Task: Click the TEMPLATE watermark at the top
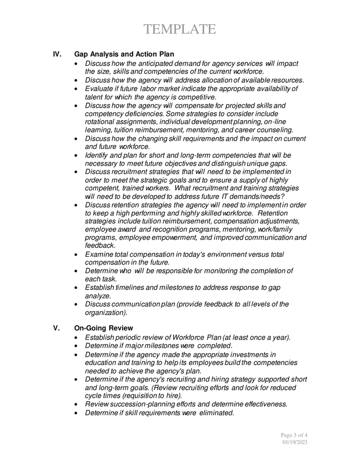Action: [180, 30]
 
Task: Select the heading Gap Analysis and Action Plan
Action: [124, 54]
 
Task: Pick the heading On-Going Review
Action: [104, 328]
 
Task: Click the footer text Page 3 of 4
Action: [294, 434]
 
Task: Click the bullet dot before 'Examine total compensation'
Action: [77, 254]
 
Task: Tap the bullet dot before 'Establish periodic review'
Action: [77, 338]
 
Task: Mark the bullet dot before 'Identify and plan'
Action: [77, 155]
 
